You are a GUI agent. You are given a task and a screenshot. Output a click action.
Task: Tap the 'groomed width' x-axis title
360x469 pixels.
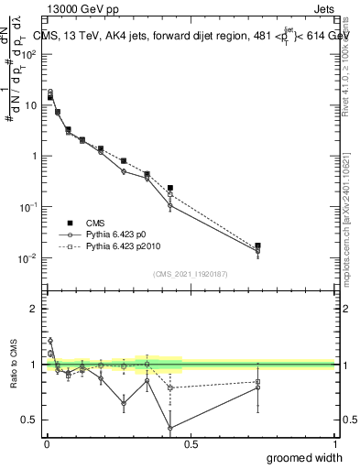coord(305,456)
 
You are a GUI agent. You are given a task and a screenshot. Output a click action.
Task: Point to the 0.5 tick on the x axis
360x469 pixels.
coord(190,443)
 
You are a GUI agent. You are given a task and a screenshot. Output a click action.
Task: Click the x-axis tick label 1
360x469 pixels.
coord(334,443)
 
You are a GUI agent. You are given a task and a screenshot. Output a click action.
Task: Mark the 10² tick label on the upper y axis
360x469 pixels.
coord(29,54)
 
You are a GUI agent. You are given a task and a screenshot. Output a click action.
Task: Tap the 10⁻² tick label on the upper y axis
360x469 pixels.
coord(29,257)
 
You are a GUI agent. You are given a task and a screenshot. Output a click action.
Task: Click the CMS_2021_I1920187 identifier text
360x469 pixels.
coord(190,275)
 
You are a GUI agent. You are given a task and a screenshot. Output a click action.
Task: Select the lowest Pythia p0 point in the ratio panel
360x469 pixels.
coord(170,428)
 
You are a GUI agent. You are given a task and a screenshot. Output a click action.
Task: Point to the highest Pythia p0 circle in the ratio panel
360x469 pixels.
coord(50,340)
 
